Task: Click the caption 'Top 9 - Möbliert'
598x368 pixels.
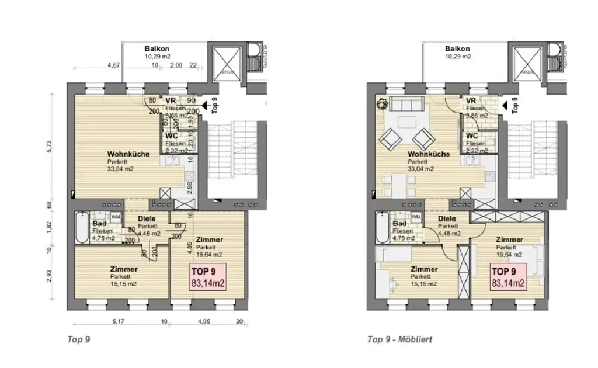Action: [x=399, y=339]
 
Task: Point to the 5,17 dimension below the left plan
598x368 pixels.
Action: [x=117, y=321]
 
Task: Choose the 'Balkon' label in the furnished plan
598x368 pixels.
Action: [x=457, y=49]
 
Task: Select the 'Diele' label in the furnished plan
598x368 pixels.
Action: [x=448, y=219]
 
